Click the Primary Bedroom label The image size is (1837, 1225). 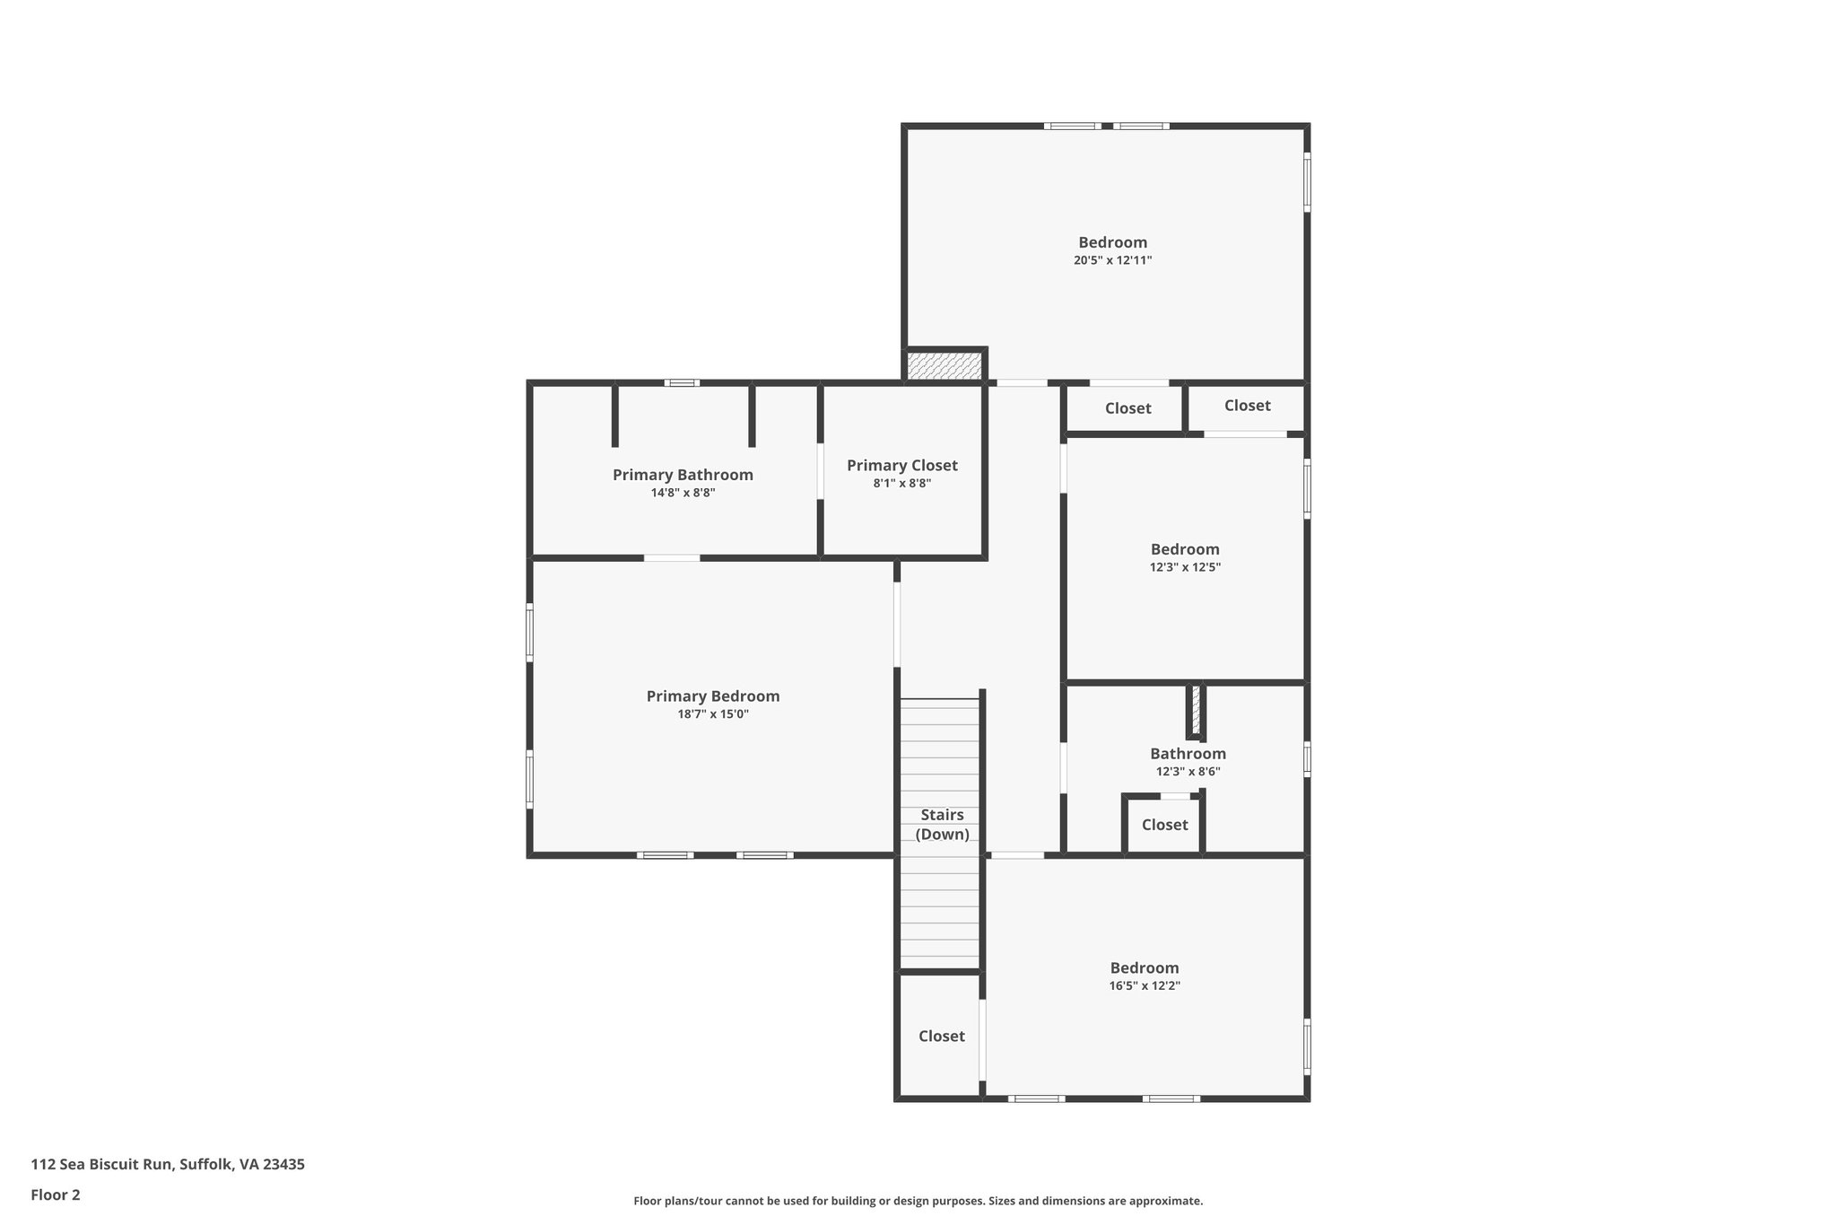(712, 696)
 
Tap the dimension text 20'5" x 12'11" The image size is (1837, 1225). (1112, 260)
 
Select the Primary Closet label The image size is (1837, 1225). (901, 465)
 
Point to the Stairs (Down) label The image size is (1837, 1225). (942, 824)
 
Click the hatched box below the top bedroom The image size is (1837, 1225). (944, 366)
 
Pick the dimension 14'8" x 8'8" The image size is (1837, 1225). (683, 493)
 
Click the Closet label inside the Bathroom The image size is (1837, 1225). (1164, 825)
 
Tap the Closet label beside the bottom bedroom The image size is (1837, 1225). (941, 1036)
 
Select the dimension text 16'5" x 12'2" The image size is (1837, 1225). (1144, 985)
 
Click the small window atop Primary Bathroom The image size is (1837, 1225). (682, 383)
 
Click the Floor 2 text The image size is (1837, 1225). (56, 1194)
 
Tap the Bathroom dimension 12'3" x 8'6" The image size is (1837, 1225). (1188, 772)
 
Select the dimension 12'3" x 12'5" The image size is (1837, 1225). (1185, 567)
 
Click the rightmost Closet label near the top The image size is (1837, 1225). (1247, 406)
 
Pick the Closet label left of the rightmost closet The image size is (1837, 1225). (1127, 408)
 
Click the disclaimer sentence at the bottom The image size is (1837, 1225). (918, 1201)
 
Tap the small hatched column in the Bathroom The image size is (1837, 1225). (1195, 711)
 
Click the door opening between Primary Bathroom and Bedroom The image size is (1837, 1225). (671, 558)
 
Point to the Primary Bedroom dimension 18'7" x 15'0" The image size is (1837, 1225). (712, 714)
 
